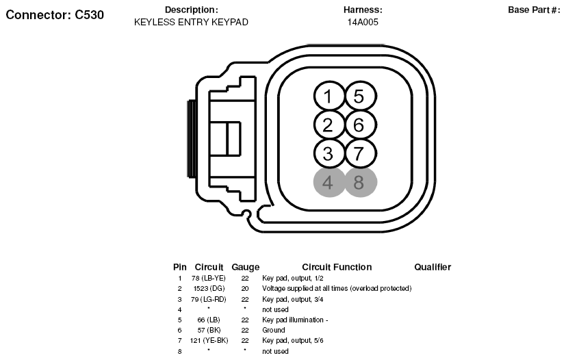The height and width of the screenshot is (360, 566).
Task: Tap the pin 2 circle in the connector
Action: pos(329,125)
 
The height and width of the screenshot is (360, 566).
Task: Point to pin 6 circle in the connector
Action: pos(359,125)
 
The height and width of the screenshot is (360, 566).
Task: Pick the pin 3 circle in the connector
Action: pos(329,153)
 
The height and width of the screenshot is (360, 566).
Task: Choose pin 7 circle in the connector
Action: pos(359,153)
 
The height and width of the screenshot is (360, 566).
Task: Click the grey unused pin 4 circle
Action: pos(329,183)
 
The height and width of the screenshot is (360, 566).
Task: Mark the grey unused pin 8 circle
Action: pos(359,183)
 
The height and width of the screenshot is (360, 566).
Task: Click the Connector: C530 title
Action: pos(55,14)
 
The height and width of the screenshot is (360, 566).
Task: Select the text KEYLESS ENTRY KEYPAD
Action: pos(191,22)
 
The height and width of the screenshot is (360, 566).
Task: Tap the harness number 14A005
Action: pos(363,22)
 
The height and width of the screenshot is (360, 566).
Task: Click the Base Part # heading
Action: pos(534,10)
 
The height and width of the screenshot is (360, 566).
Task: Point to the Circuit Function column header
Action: pos(337,267)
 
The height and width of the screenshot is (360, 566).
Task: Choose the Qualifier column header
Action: pos(433,267)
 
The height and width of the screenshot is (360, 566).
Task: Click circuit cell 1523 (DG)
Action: pos(209,289)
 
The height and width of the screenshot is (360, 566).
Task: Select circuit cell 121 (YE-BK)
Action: pos(209,341)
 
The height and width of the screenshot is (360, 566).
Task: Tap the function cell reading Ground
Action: pos(274,331)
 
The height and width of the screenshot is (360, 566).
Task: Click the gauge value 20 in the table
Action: pos(244,289)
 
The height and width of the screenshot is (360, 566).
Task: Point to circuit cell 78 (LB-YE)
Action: pos(209,279)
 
